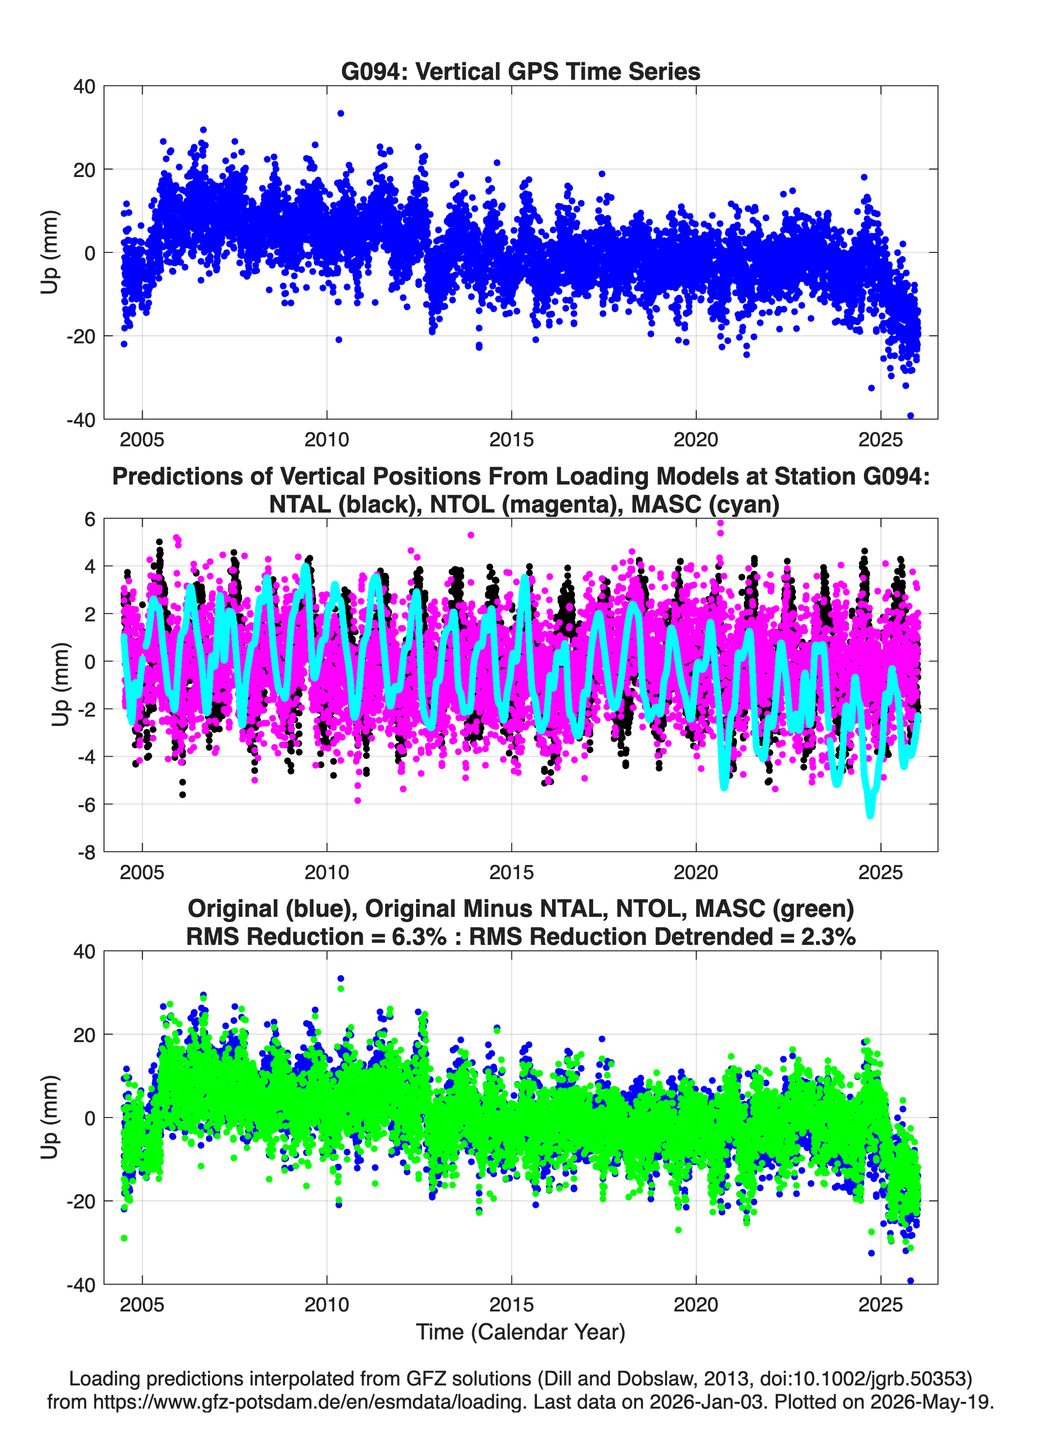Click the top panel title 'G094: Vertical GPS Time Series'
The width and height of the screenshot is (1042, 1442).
pyautogui.click(x=521, y=71)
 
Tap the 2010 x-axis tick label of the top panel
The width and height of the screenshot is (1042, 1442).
pyautogui.click(x=327, y=440)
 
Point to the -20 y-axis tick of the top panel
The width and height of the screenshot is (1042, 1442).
pyautogui.click(x=81, y=337)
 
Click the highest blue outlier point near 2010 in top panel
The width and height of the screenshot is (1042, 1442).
pyautogui.click(x=341, y=113)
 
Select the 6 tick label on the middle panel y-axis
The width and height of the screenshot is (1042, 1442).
pyautogui.click(x=89, y=519)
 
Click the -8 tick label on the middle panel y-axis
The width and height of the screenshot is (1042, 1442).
pyautogui.click(x=87, y=852)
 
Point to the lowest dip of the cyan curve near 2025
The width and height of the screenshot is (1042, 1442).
pyautogui.click(x=870, y=814)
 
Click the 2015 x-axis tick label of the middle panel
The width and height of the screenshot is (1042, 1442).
pyautogui.click(x=511, y=872)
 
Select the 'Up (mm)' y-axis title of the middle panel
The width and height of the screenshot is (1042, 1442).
pyautogui.click(x=60, y=684)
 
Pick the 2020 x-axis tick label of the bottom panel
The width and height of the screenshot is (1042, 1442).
pyautogui.click(x=696, y=1305)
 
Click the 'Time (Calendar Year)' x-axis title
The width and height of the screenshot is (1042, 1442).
pyautogui.click(x=521, y=1332)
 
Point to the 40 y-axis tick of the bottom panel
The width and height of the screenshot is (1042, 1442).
pyautogui.click(x=85, y=952)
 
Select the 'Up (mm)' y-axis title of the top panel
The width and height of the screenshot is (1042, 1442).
pyautogui.click(x=50, y=252)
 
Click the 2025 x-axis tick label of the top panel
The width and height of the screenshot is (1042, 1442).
pyautogui.click(x=880, y=440)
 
